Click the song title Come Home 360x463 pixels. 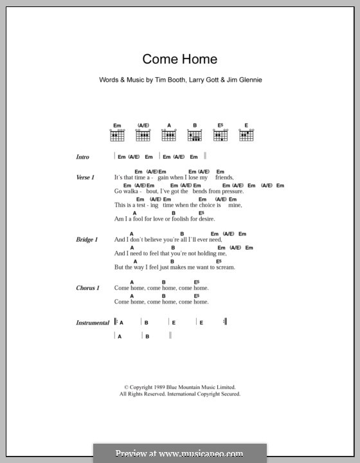click(179, 59)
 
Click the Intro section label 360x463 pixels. click(83, 157)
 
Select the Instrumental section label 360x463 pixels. click(93, 323)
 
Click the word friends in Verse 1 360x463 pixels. click(224, 177)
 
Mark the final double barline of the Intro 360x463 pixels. click(204, 156)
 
